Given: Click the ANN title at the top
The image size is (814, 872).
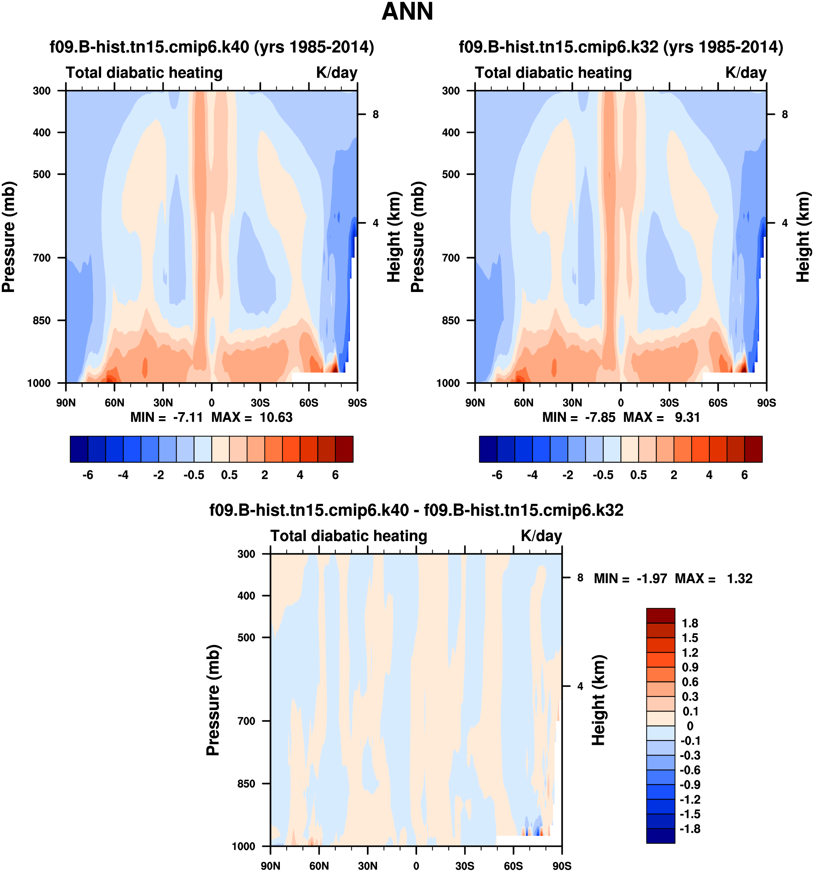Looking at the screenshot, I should pos(407,12).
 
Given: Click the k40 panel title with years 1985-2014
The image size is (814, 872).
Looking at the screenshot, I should pos(212,47).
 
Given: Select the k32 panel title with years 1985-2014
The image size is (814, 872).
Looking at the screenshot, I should pos(621,47).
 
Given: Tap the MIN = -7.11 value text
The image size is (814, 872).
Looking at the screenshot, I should pos(167,417).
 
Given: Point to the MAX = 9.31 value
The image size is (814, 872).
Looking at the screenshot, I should pos(662,417).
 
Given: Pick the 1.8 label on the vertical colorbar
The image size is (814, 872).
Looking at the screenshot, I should pos(690,623).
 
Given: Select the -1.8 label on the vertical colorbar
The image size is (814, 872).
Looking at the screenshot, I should pos(690,829).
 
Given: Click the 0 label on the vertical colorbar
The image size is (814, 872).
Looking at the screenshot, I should pos(690,726).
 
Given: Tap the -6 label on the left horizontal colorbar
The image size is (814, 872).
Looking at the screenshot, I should pos(88,475).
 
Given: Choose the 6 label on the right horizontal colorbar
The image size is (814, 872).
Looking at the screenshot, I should pos(745,475).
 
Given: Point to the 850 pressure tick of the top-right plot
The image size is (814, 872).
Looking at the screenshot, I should pos(451,321).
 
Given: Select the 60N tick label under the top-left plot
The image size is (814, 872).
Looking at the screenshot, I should pos(114,403).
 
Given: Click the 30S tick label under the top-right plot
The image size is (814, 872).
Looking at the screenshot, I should pos(669,403).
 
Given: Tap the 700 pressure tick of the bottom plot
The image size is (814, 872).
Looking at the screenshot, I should pos(246,721).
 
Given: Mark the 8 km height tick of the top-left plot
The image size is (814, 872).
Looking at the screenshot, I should pos(376,114).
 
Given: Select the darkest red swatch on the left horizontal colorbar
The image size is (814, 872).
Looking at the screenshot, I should pos(344,449).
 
